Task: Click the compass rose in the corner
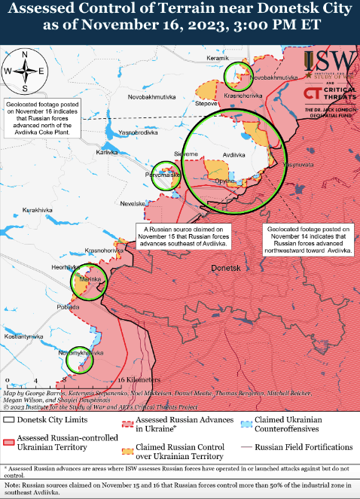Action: pos(24,70)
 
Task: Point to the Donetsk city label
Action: pos(226,268)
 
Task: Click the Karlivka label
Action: pos(108,152)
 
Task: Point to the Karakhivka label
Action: pos(38,208)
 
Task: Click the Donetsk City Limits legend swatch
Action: pos(11,420)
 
